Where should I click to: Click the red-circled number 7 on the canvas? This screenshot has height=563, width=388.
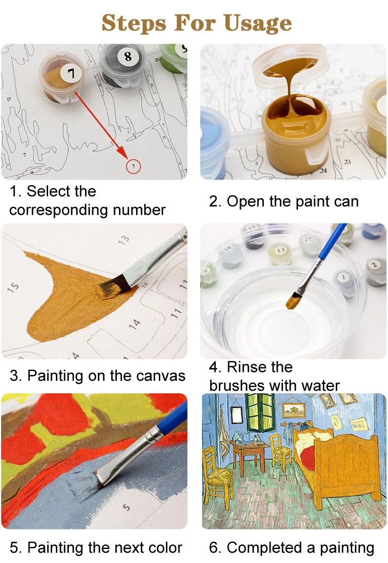pyautogui.click(x=133, y=166)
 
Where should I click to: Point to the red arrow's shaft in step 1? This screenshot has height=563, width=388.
pyautogui.click(x=101, y=122)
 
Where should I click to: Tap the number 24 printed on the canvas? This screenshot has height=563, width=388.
pyautogui.click(x=323, y=170)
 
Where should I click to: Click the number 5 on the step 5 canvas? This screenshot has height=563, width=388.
pyautogui.click(x=127, y=508)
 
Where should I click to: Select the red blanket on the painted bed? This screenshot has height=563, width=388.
pyautogui.click(x=308, y=461)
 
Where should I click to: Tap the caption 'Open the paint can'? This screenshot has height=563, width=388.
pyautogui.click(x=292, y=201)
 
